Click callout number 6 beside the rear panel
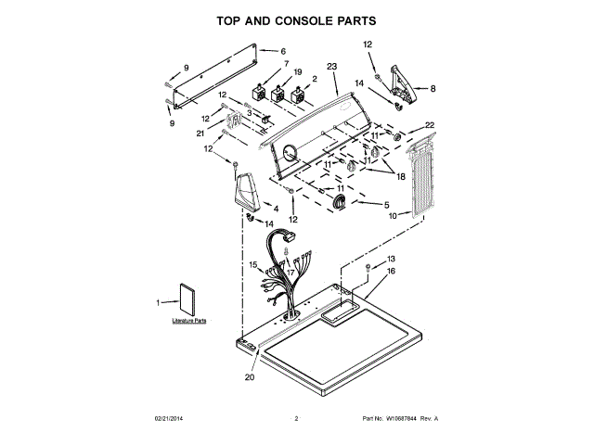[x=283, y=52]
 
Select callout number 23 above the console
[x=332, y=67]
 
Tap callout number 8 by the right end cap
[x=431, y=88]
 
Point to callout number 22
[x=429, y=125]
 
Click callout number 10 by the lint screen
[x=393, y=215]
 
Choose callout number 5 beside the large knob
[x=386, y=204]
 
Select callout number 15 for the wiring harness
[x=252, y=265]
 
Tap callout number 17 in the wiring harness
[x=290, y=273]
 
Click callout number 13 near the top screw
[x=391, y=259]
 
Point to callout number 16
[x=391, y=271]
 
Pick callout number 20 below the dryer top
[x=249, y=377]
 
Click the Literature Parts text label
[x=188, y=320]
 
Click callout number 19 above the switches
[x=298, y=71]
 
